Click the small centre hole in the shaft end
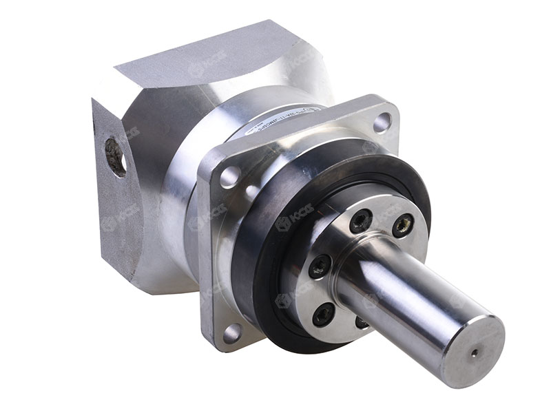475,354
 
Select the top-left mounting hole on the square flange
229,175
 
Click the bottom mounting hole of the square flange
231,332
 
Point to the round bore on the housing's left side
115,156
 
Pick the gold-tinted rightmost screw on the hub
403,224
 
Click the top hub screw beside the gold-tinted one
361,220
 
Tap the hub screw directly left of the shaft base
319,266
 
